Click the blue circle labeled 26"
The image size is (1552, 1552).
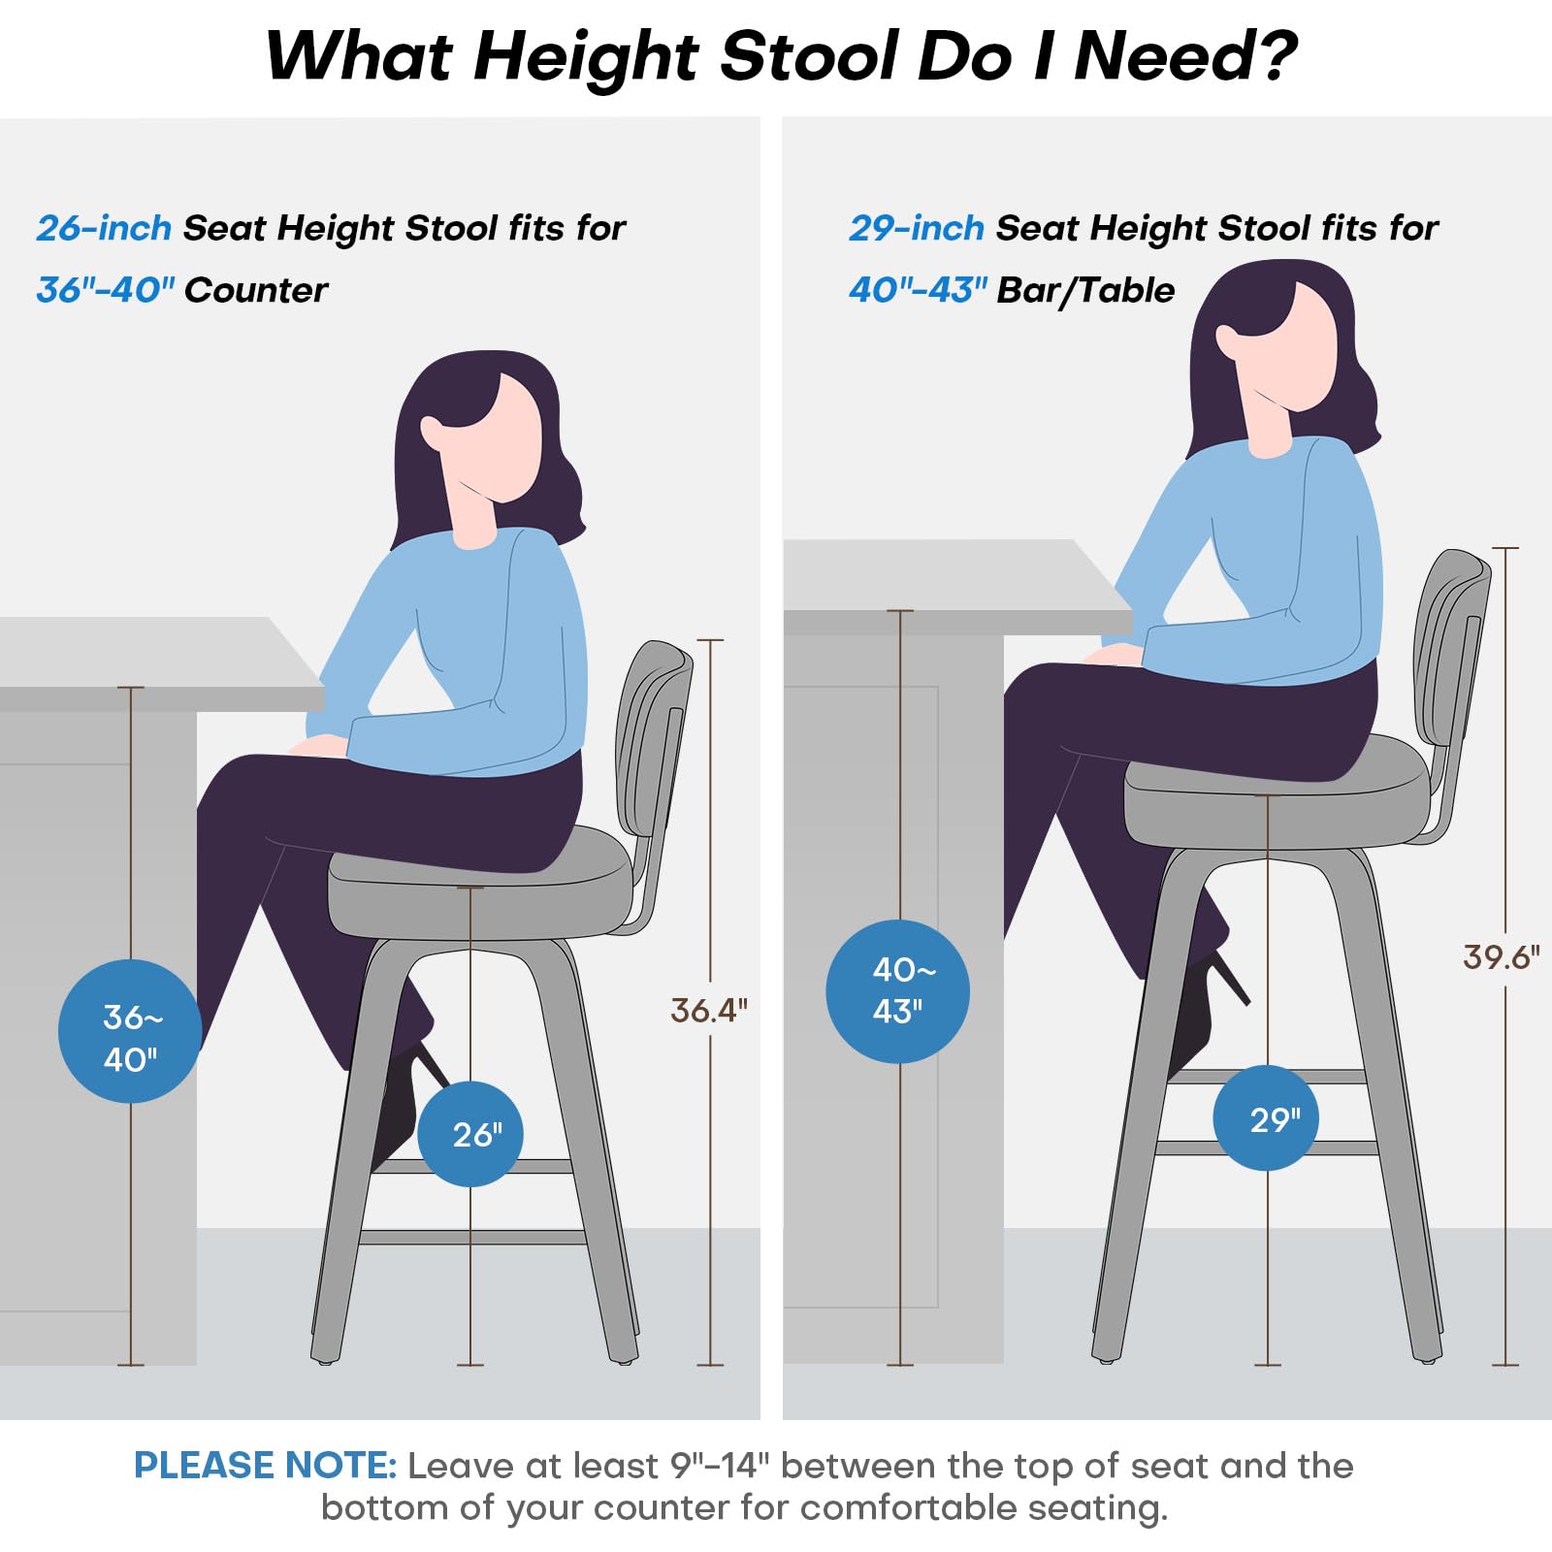tap(470, 1134)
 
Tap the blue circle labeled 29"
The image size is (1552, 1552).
tap(1266, 1118)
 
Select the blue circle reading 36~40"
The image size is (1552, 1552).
tap(130, 1031)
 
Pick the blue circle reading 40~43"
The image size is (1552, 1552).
tap(897, 991)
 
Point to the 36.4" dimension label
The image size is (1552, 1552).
tap(709, 1011)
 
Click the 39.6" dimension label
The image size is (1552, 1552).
tap(1502, 957)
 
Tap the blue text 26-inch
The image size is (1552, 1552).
tap(104, 228)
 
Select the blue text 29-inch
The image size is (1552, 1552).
tap(917, 228)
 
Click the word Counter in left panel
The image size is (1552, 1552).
tap(256, 290)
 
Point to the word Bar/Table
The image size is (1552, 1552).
tap(1085, 290)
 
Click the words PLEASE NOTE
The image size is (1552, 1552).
tap(265, 1466)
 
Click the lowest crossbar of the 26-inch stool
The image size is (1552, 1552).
tap(472, 1237)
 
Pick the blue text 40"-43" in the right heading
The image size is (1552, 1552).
tap(918, 289)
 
